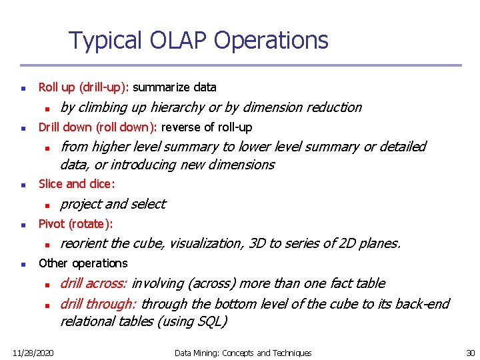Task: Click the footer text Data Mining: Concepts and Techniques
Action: pos(243,353)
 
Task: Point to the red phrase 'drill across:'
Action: pos(95,283)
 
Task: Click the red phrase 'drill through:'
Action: pos(99,304)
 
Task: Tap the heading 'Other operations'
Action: pos(83,263)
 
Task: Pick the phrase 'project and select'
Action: pos(113,204)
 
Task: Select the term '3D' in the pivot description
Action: pos(257,243)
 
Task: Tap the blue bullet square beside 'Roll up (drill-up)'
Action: pos(23,88)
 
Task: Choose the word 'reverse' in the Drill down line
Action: pos(180,127)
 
